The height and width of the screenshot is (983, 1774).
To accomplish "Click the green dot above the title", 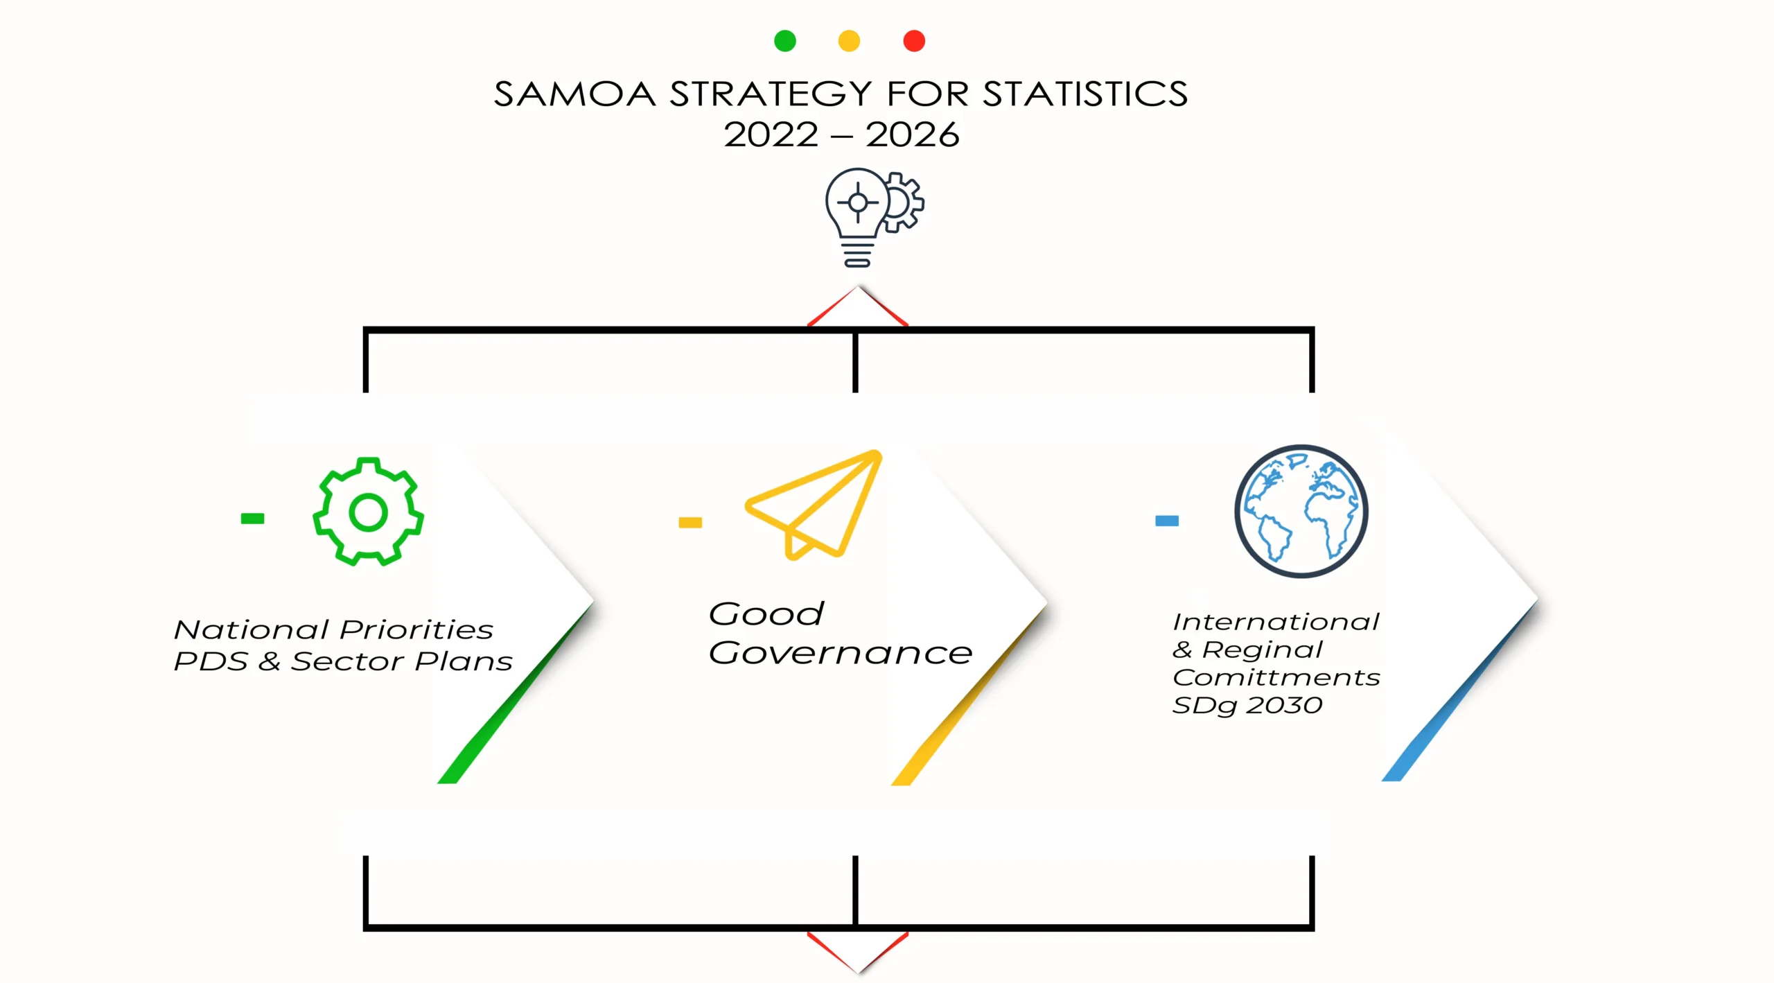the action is click(x=784, y=41).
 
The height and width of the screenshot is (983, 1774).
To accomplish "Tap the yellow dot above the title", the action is click(x=849, y=41).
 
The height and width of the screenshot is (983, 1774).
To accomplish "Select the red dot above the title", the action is click(x=914, y=41).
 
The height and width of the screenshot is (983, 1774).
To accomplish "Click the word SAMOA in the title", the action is click(x=574, y=94).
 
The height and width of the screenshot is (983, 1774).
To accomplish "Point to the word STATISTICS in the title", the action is click(x=1085, y=94).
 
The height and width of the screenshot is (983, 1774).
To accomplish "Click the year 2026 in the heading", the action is click(x=913, y=134).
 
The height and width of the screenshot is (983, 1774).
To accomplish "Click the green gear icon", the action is click(x=368, y=512).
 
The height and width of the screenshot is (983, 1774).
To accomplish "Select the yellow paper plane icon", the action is click(x=814, y=505).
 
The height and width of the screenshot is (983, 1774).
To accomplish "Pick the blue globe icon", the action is click(x=1301, y=511).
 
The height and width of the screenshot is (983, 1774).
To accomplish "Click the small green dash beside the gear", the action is click(x=252, y=518).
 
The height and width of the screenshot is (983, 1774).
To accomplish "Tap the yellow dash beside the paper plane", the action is click(x=690, y=522).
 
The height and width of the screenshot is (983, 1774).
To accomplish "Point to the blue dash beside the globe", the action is click(x=1167, y=521).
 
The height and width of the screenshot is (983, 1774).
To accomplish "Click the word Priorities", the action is click(x=416, y=629).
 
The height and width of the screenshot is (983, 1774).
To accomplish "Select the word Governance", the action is click(x=841, y=653).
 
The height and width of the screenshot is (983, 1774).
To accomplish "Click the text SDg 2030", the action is click(x=1247, y=706).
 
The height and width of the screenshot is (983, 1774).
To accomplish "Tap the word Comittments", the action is click(x=1276, y=677).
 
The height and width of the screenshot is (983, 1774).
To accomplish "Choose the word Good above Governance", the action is click(x=766, y=614).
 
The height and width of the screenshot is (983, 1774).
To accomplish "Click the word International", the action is click(x=1276, y=622).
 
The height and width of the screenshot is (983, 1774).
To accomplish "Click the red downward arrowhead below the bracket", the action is click(x=858, y=953).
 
